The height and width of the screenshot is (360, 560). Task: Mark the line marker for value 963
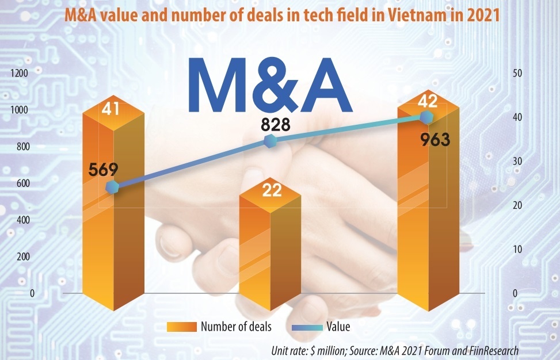[426, 117]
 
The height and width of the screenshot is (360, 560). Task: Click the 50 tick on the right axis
[517, 73]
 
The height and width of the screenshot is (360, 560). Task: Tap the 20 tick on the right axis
[517, 205]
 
